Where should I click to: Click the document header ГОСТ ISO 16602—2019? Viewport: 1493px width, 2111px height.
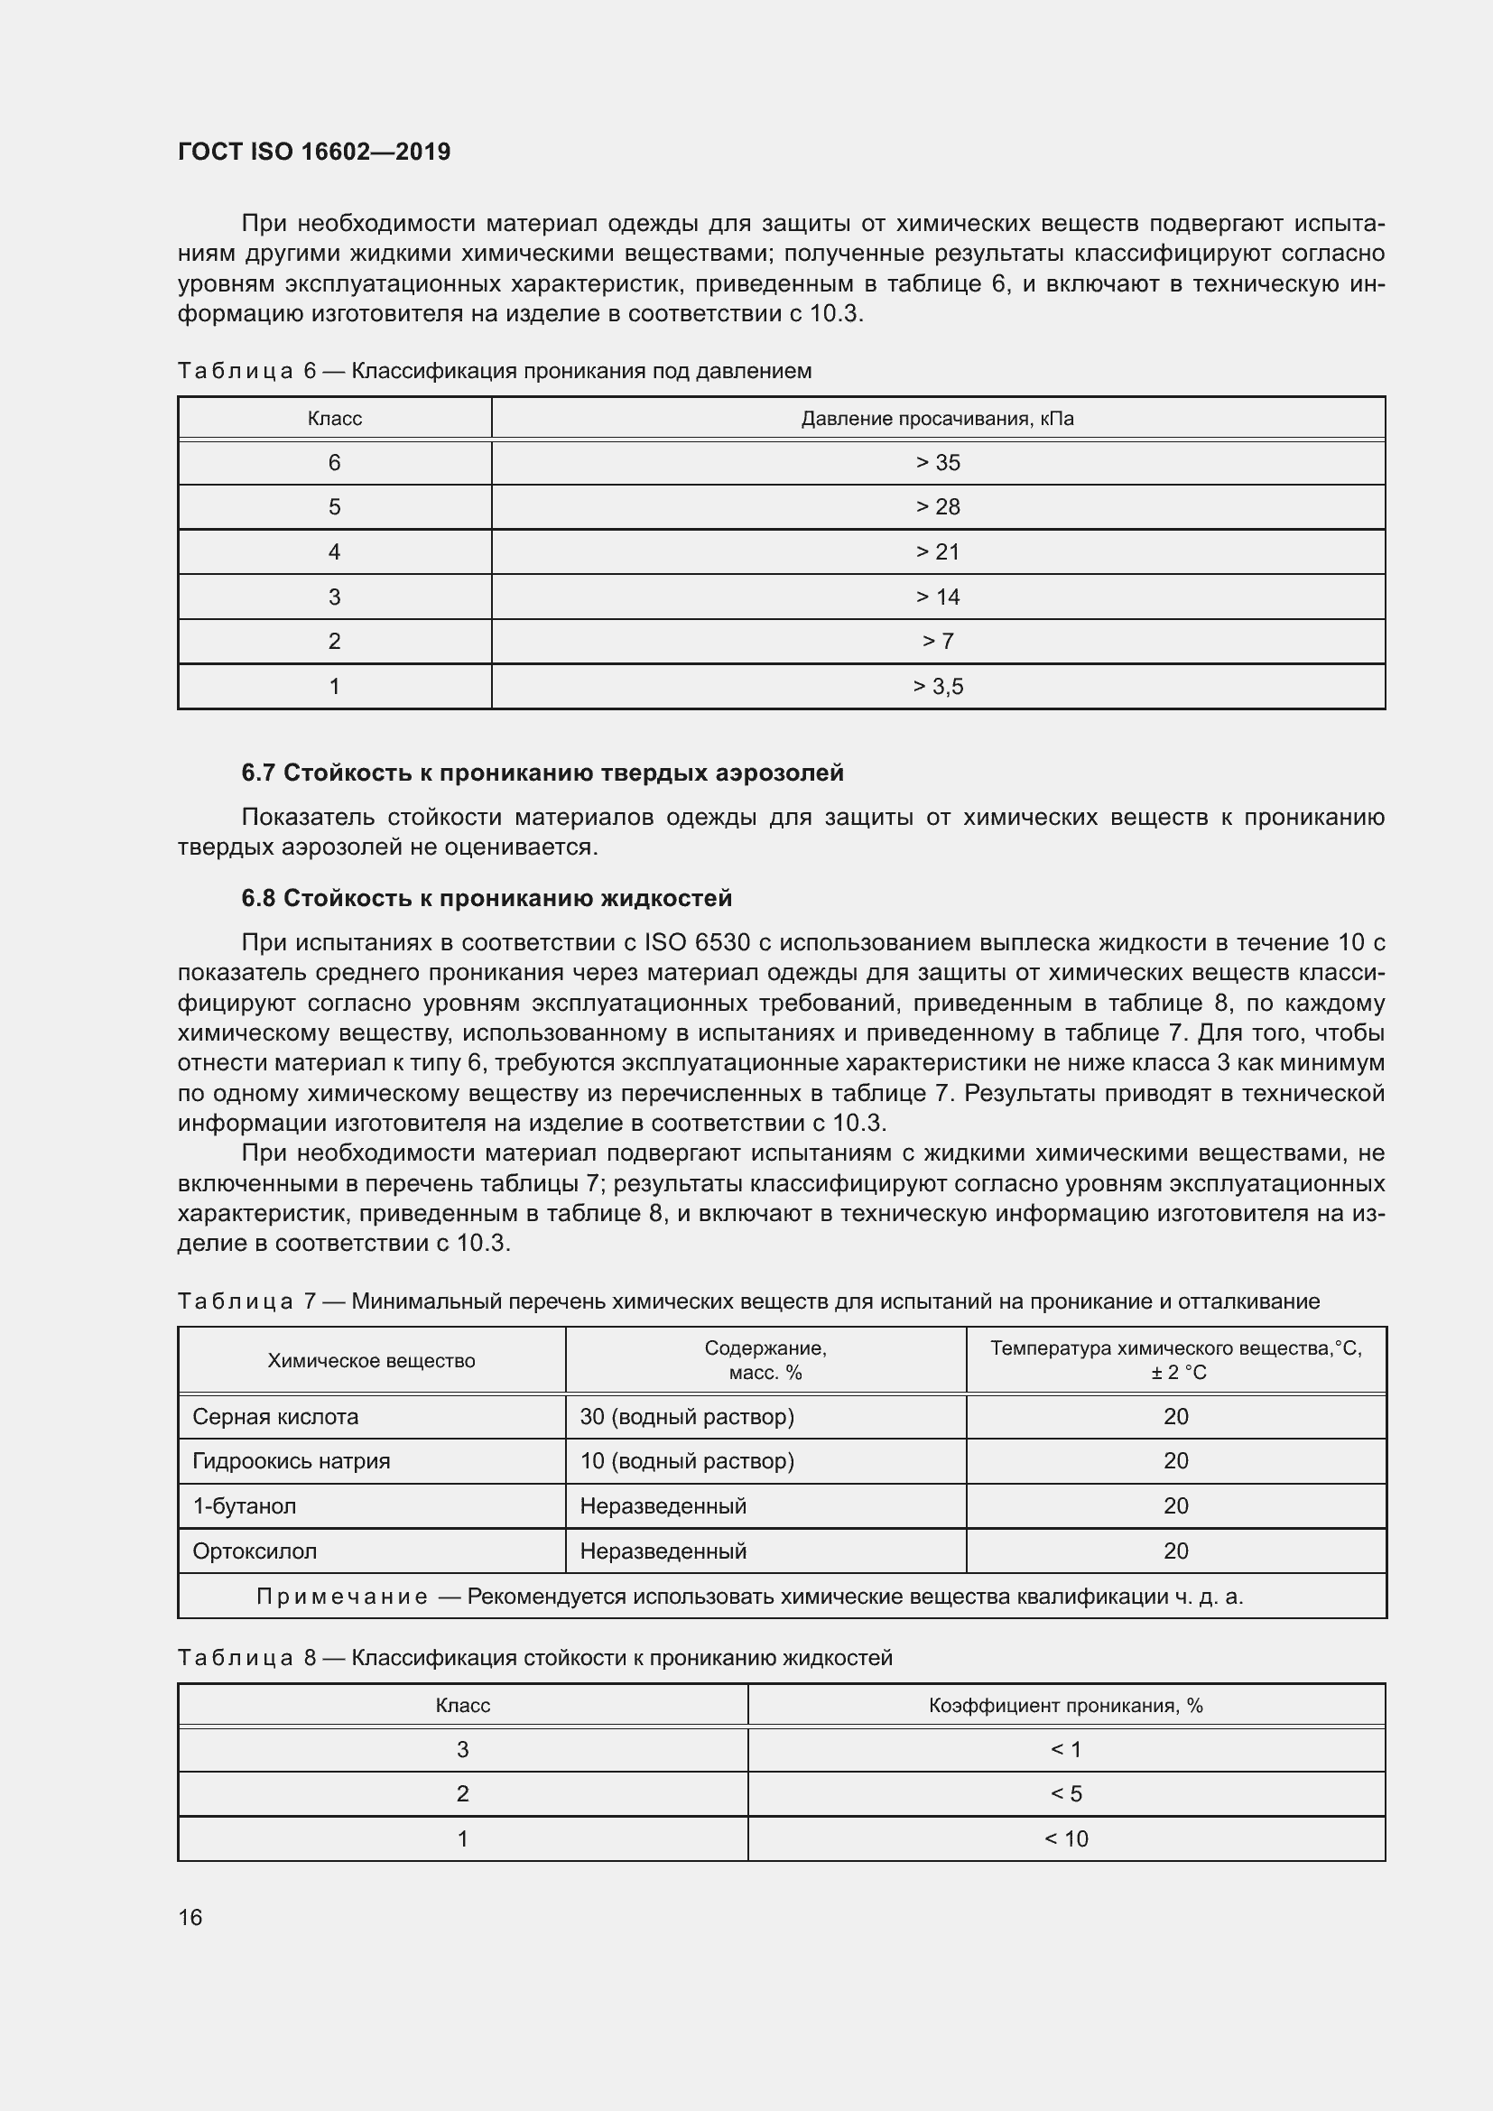[313, 152]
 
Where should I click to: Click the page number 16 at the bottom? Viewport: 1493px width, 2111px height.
[190, 1917]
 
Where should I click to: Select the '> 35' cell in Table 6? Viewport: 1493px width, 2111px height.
[937, 462]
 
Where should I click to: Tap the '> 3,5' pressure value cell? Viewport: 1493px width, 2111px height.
[937, 687]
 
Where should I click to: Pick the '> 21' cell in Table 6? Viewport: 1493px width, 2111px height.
[937, 551]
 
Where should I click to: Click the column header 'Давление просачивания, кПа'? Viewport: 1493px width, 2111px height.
[937, 420]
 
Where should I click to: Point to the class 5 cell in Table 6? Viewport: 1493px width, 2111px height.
[335, 507]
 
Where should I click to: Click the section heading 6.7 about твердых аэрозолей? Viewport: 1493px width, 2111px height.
[542, 773]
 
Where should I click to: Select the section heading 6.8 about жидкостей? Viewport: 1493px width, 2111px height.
[487, 898]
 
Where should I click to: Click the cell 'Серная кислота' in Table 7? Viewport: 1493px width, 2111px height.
[275, 1417]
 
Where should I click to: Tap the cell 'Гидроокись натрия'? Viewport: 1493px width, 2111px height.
[291, 1461]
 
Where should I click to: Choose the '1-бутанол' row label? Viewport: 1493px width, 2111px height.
[244, 1506]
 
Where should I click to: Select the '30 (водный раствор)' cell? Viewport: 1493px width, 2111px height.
[687, 1417]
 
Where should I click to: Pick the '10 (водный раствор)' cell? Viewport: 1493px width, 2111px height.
[687, 1461]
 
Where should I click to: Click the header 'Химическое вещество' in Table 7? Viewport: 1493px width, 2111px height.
[371, 1361]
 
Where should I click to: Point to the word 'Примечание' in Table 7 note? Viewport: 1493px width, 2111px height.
[342, 1597]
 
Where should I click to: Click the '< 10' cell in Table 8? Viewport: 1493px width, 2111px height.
[1065, 1838]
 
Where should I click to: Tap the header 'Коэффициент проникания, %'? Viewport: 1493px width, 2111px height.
[1065, 1706]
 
